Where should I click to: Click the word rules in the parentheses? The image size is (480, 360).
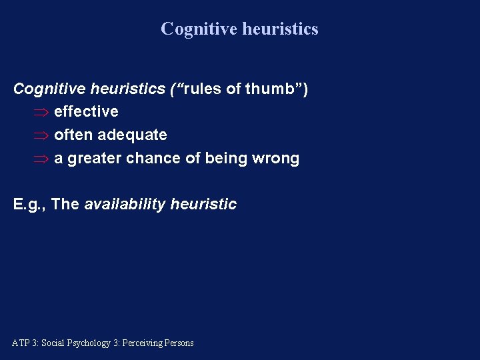[203, 89]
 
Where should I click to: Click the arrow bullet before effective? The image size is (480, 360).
[41, 112]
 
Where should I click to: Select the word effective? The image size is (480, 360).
[86, 111]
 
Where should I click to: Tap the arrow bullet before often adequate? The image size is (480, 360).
[41, 135]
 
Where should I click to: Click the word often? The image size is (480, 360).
[73, 135]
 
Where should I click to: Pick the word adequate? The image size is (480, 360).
[132, 135]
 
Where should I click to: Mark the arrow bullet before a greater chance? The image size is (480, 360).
[41, 159]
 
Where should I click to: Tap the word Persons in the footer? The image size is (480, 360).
[178, 343]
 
